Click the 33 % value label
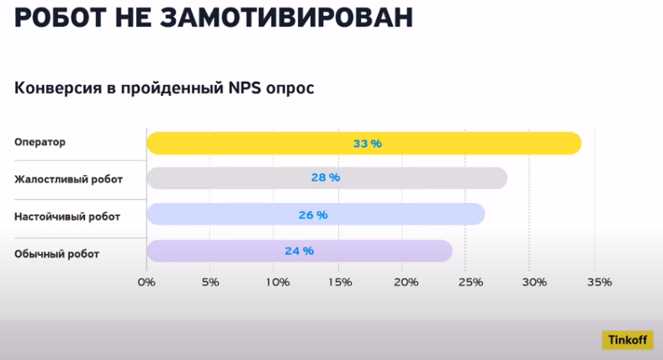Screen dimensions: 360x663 coord(368,144)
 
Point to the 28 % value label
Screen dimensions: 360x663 coord(326,178)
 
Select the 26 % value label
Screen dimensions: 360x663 coord(313,214)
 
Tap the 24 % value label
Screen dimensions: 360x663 coord(300,251)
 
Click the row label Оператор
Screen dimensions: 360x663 coord(40,142)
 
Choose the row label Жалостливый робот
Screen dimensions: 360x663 coord(68,179)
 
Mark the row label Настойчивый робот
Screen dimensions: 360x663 coord(67,216)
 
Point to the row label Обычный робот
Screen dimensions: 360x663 coord(56,253)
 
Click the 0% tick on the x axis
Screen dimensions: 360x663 coord(146,282)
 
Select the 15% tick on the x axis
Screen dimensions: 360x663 coord(340,282)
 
